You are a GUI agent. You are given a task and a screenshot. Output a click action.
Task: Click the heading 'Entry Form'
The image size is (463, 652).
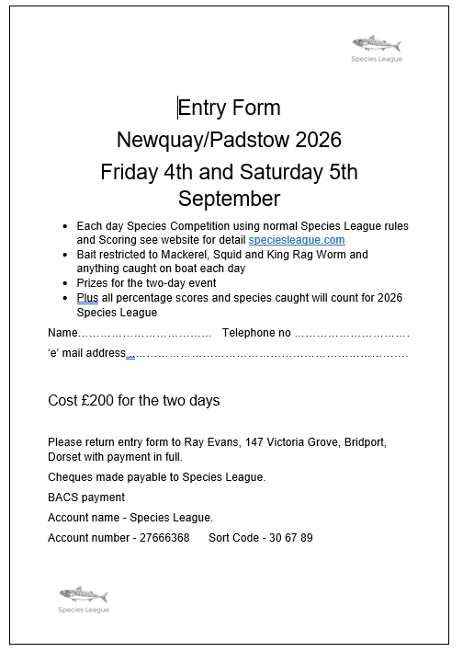click(229, 108)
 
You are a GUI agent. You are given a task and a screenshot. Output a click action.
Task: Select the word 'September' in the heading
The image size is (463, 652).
click(229, 199)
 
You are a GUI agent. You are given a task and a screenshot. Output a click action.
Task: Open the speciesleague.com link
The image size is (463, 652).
click(297, 239)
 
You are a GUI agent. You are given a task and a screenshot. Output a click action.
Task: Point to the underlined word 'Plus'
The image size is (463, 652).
click(87, 298)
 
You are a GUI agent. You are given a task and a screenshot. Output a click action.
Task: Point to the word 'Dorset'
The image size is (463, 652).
click(63, 457)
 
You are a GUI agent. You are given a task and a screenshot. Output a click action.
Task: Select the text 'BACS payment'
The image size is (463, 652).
click(86, 498)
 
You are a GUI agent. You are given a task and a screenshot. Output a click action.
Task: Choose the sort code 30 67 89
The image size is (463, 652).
click(289, 538)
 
